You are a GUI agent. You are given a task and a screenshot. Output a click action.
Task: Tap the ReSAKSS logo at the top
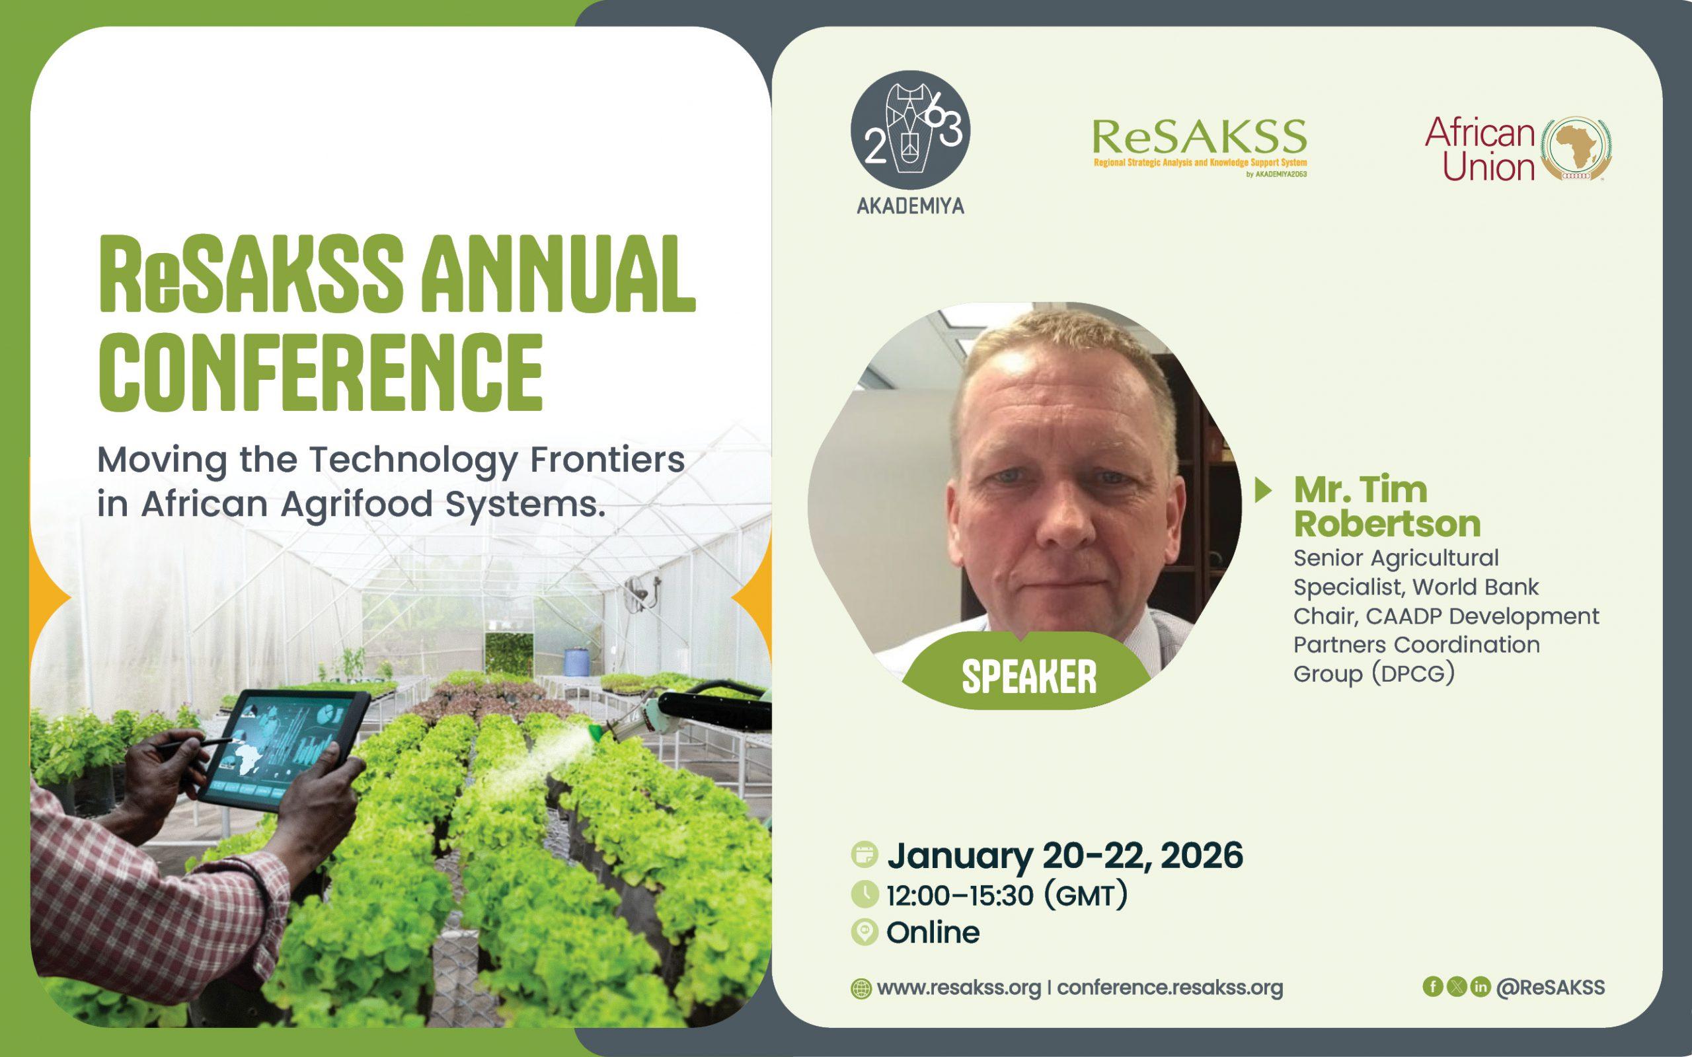tap(1199, 147)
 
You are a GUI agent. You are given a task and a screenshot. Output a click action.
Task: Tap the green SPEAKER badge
tap(1028, 673)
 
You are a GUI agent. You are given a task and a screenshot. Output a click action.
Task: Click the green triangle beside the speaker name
tap(1264, 490)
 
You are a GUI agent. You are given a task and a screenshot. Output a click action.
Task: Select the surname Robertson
tap(1387, 524)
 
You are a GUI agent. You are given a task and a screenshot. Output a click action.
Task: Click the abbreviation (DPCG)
tap(1412, 674)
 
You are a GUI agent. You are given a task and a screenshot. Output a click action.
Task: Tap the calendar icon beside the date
tap(865, 854)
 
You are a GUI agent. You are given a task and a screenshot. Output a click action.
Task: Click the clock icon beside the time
tap(865, 894)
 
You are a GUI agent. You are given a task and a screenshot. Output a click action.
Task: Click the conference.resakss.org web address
tap(1170, 988)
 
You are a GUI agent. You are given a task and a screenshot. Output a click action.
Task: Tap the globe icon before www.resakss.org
tap(861, 988)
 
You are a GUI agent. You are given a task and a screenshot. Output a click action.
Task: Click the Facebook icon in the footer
tap(1433, 986)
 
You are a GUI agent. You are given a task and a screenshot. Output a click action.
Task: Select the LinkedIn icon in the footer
tap(1480, 986)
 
